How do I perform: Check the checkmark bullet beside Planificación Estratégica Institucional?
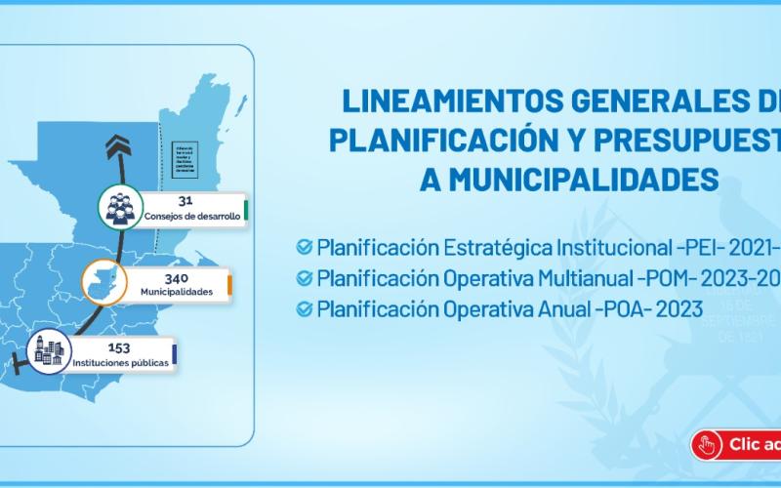click(x=305, y=245)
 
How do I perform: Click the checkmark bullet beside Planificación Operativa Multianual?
click(x=305, y=277)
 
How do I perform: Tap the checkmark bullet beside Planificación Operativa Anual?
click(x=305, y=309)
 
